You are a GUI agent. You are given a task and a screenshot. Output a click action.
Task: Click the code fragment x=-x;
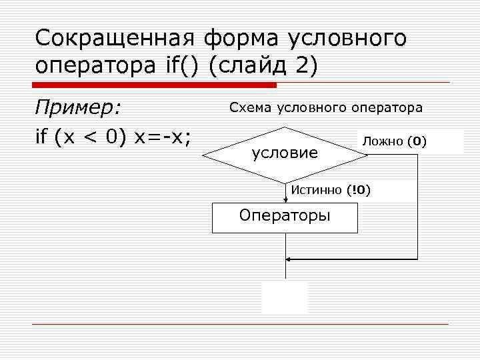tap(163, 137)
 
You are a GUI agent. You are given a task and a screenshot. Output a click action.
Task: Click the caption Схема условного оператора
tap(326, 107)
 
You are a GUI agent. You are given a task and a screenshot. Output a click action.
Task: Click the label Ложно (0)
tap(393, 141)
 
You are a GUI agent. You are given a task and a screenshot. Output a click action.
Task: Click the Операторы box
tap(285, 216)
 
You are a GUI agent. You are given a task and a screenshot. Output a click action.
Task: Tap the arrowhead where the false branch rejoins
tap(288, 258)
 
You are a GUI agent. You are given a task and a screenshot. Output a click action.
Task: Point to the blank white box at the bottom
tap(285, 297)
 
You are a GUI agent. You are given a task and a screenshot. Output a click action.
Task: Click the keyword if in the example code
tap(41, 137)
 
